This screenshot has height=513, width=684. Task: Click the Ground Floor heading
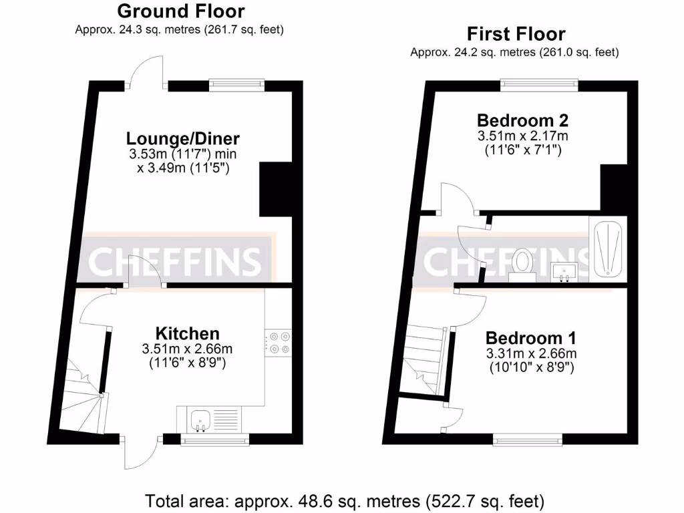180,11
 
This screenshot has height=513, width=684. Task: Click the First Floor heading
516,34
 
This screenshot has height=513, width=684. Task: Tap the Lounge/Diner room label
182,139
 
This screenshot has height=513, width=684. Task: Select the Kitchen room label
187,333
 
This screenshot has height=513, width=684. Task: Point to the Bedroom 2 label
522,121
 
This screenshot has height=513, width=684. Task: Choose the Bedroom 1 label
530,338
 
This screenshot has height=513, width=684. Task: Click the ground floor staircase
81,394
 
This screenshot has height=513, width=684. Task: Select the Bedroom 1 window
528,440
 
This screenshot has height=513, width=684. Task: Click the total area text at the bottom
345,500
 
